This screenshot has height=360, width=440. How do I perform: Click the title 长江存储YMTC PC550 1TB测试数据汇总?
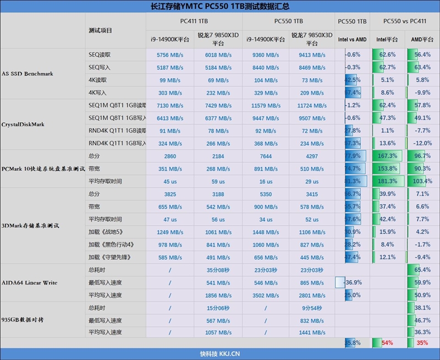pos(220,7)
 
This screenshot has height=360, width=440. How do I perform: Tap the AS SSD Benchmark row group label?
pos(28,74)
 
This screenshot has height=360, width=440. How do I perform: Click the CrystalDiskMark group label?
pos(23,124)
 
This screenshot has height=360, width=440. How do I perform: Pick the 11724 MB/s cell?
pos(312,106)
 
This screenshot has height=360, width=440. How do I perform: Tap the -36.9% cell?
pos(352,282)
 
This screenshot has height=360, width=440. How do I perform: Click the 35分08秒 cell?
pos(218,270)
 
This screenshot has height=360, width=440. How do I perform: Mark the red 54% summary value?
pos(387,343)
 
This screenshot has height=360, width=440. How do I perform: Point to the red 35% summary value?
pos(422,343)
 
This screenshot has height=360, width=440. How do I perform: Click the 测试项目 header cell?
pos(100,30)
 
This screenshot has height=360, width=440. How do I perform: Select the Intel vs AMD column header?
pos(352,40)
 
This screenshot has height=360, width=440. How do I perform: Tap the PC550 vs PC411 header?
pos(404,21)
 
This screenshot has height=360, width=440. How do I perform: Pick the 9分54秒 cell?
pos(312,308)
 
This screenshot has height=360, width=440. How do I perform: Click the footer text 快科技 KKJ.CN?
pos(220,354)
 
